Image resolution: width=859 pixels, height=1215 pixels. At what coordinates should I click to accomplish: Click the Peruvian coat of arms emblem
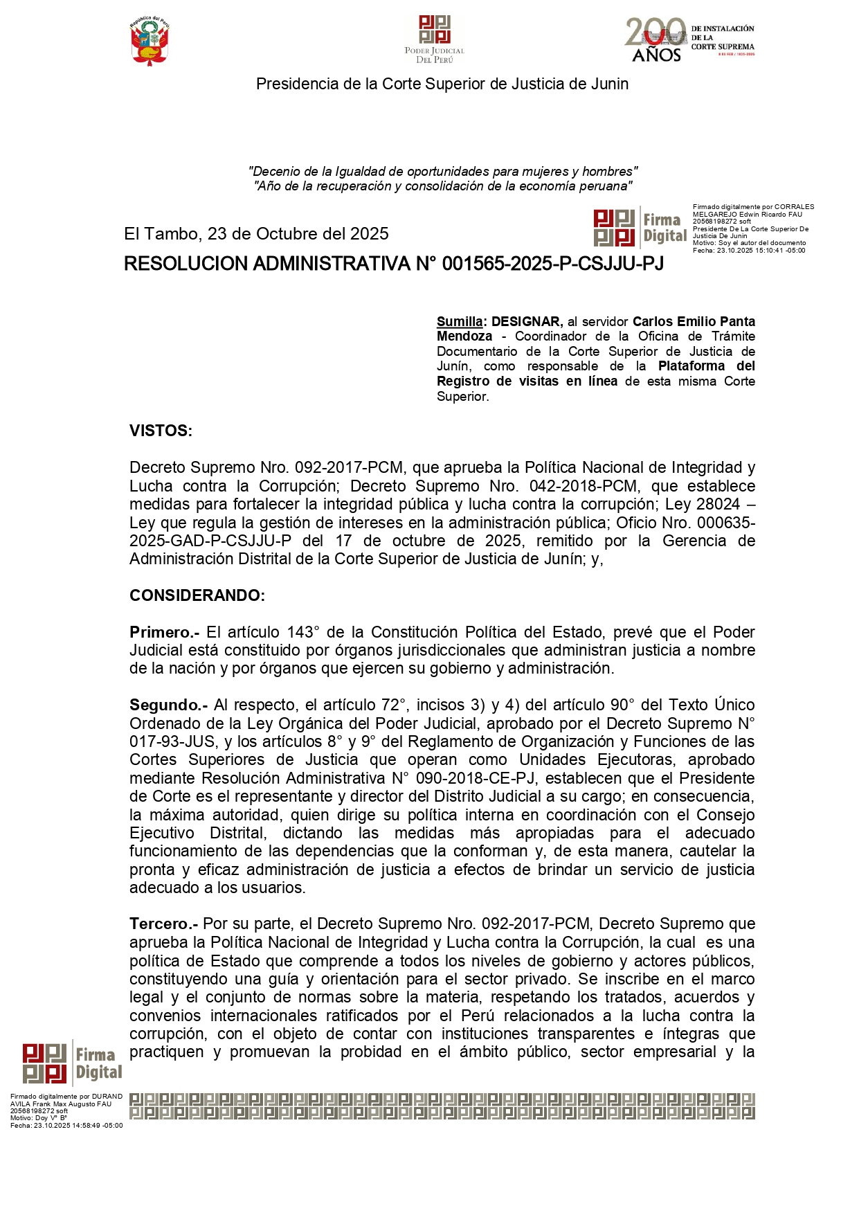click(x=150, y=42)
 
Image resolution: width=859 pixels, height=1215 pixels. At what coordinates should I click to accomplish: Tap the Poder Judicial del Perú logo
click(x=435, y=39)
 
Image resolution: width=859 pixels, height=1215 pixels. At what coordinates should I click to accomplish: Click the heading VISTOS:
click(x=161, y=431)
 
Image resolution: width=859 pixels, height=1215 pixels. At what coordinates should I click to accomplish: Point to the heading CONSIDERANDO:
click(x=197, y=595)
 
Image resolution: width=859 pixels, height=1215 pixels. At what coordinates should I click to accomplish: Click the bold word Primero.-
click(x=164, y=632)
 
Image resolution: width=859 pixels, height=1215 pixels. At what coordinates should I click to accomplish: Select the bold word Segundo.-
click(x=168, y=705)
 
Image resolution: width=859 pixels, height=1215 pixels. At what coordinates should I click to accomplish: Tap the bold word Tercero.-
click(x=163, y=924)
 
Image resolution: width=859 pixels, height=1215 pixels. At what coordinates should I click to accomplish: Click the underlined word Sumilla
click(x=460, y=321)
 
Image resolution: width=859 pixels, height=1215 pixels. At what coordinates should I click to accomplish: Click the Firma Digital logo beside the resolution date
click(x=640, y=228)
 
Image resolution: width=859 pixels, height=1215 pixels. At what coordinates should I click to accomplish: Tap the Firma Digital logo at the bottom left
click(x=72, y=1063)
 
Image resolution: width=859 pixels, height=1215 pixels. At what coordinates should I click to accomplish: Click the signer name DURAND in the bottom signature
click(x=107, y=1097)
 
